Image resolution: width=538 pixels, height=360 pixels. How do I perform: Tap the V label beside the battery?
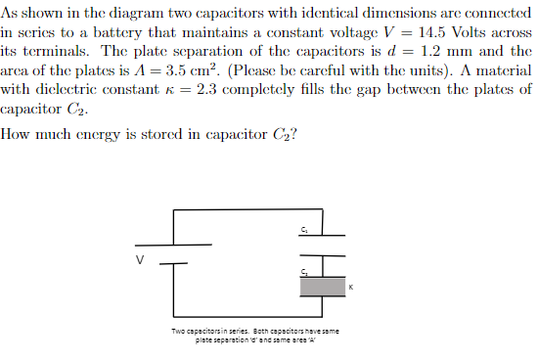139,259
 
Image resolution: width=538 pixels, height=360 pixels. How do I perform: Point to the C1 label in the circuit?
305,229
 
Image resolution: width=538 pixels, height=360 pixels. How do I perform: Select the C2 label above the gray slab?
305,270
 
